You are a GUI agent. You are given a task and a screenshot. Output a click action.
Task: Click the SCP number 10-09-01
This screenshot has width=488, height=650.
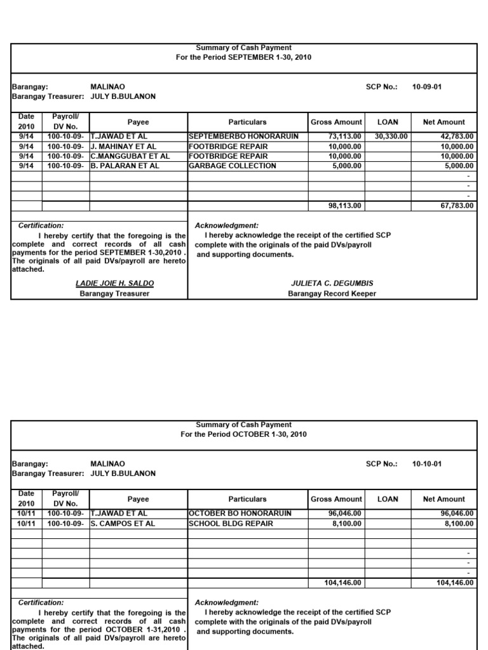tap(427, 87)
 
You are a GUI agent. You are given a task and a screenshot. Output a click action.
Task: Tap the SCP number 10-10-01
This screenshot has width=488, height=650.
tap(427, 464)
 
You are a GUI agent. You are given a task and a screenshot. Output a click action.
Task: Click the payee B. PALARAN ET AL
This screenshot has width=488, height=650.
tap(125, 166)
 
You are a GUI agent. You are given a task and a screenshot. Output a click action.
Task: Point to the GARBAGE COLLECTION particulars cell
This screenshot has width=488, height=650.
tap(233, 166)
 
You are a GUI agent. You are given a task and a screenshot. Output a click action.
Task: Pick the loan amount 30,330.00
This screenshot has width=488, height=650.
tap(391, 136)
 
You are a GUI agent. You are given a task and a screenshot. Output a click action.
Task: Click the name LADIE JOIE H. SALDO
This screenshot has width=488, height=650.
tap(114, 283)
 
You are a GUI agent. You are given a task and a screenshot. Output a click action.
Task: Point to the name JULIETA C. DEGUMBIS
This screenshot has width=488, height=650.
tap(332, 283)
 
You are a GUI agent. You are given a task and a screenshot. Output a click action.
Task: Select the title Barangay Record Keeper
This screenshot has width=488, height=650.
tap(332, 294)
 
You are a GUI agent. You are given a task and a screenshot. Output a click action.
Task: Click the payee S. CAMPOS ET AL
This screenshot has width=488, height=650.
tap(123, 524)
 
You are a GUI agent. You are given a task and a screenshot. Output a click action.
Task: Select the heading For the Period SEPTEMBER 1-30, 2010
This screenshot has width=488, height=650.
tap(244, 57)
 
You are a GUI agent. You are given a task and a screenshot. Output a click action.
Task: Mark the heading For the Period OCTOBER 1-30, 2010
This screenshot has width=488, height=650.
tap(244, 434)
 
